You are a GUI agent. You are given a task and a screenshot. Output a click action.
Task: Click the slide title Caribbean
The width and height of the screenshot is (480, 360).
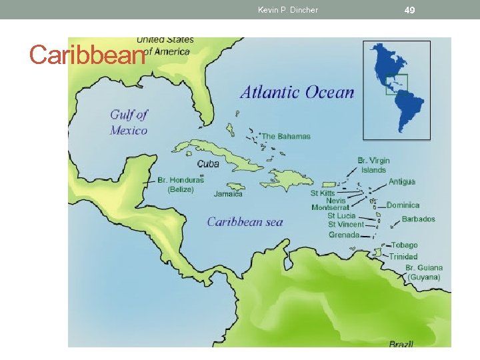(x=87, y=55)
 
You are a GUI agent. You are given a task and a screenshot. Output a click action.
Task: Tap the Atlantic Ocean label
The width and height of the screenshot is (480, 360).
(x=297, y=92)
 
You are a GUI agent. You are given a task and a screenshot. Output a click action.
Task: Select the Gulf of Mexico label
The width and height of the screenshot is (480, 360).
(x=129, y=123)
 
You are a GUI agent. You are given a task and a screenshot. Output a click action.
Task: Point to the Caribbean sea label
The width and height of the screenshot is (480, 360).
(x=245, y=222)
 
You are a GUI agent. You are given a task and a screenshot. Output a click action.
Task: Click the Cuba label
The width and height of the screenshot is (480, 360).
(x=208, y=164)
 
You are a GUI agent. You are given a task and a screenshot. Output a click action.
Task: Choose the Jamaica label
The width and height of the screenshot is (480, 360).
(x=228, y=195)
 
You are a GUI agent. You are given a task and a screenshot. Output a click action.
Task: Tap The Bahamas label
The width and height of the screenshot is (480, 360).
(x=286, y=137)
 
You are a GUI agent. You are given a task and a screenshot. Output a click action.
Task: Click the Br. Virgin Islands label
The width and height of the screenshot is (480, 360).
(x=373, y=165)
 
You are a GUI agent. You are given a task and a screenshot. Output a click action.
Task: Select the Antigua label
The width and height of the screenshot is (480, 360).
(x=402, y=181)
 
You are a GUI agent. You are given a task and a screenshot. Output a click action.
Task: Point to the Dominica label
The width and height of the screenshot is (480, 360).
(x=403, y=205)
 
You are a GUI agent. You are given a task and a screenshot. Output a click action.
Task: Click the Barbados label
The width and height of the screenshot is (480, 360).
(x=418, y=219)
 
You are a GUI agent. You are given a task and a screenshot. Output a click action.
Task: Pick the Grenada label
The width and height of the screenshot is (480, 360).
(x=344, y=235)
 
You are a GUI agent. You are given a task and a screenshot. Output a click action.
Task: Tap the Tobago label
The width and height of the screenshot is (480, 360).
(x=404, y=245)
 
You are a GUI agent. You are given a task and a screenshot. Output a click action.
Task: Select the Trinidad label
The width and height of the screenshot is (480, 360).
(x=403, y=257)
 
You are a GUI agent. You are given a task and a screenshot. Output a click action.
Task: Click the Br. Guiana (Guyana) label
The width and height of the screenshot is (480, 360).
(x=424, y=272)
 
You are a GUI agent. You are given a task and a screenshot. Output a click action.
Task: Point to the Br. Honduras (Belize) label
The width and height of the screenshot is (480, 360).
(x=181, y=185)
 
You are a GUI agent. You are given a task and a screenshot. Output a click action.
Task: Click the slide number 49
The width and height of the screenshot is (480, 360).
(x=410, y=10)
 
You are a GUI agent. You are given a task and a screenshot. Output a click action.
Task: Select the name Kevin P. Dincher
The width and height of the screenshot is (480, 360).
(x=288, y=10)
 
